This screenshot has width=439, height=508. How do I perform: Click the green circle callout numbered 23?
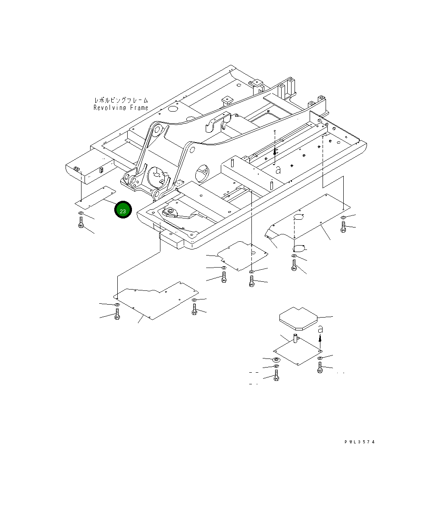tap(122, 210)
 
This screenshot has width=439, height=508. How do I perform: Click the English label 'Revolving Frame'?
tap(121, 108)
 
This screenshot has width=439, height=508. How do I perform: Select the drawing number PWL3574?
tap(359, 442)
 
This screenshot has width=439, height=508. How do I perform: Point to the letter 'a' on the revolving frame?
tap(279, 170)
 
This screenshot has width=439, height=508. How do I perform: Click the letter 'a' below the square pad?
tap(320, 329)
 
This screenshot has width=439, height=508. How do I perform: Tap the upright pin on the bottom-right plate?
tap(296, 338)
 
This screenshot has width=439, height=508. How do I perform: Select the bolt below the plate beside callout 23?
tap(81, 223)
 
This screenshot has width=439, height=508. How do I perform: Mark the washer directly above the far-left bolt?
tap(81, 214)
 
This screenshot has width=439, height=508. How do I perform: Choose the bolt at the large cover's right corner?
tap(195, 309)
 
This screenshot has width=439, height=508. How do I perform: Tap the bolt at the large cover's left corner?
tap(117, 314)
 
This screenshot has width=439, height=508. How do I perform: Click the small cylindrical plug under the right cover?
tap(298, 248)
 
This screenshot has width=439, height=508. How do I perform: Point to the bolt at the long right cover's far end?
tap(343, 228)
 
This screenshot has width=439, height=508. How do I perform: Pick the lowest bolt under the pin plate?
tap(276, 377)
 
